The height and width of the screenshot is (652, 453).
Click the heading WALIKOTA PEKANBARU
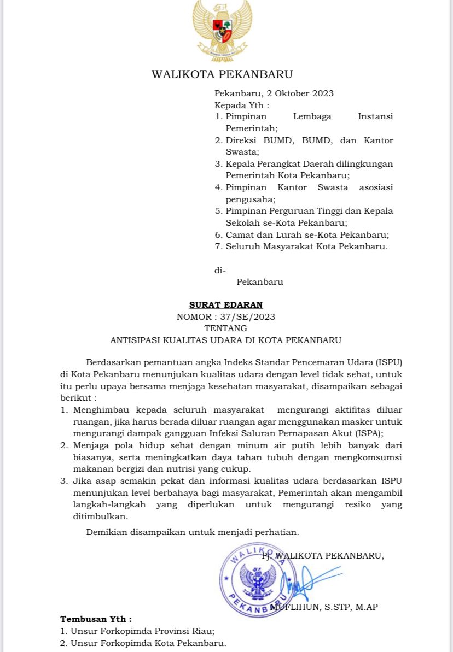(x=222, y=74)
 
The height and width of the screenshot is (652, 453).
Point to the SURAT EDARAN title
(x=226, y=305)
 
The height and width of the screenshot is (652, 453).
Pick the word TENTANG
(x=225, y=328)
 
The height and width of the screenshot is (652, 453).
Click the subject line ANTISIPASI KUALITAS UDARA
(x=225, y=340)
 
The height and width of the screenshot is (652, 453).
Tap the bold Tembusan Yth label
(x=96, y=619)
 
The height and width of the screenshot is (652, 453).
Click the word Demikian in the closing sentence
(x=107, y=532)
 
